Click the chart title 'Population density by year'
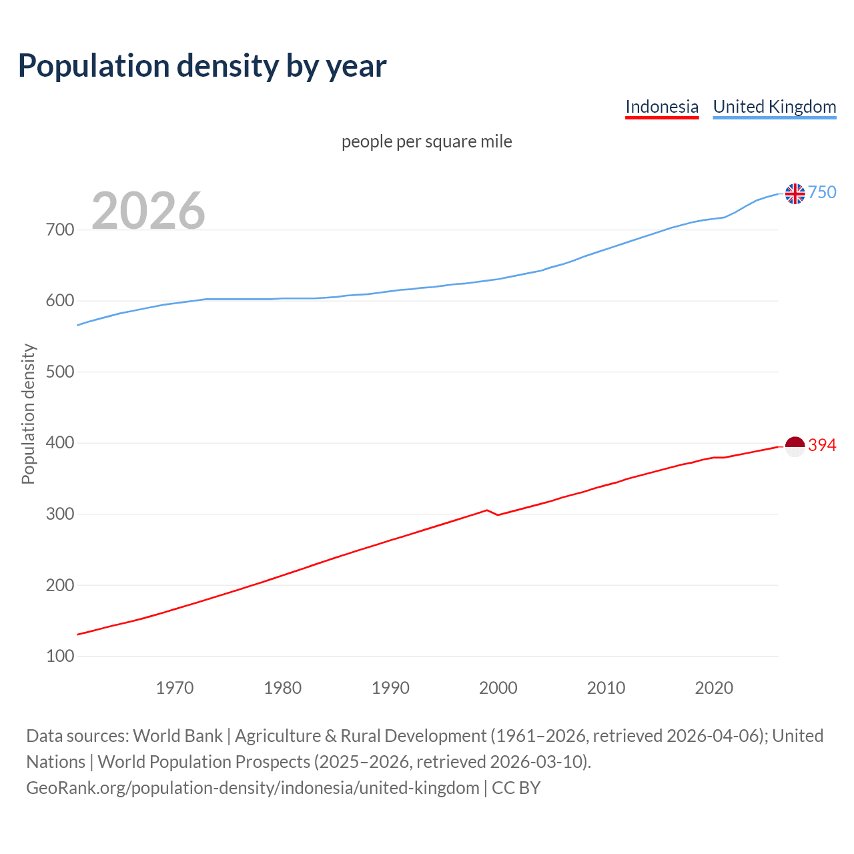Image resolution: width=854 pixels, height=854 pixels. [x=202, y=65]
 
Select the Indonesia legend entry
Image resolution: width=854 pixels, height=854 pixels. [x=661, y=107]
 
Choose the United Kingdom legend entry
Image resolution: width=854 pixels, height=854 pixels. [x=774, y=107]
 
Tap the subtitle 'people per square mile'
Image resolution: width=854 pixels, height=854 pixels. [x=426, y=141]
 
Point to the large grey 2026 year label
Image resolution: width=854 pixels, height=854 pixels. [x=148, y=211]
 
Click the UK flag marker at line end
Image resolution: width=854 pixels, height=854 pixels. [x=795, y=193]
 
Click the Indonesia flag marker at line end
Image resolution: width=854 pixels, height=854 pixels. [x=795, y=446]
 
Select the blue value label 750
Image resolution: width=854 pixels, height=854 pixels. [x=822, y=193]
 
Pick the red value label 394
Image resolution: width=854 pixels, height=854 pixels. [x=822, y=446]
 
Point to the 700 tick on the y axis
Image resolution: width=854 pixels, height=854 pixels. [x=60, y=230]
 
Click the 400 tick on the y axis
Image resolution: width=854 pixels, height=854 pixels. [x=60, y=443]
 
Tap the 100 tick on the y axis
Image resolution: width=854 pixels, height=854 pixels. [x=60, y=657]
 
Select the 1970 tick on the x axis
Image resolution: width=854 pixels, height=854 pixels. [x=175, y=688]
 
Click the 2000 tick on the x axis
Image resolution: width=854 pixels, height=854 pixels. [x=498, y=688]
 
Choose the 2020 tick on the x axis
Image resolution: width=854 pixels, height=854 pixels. [x=714, y=688]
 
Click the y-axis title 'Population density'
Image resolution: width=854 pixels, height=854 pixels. [x=28, y=414]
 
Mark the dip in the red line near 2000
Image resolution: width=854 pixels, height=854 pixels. [x=497, y=514]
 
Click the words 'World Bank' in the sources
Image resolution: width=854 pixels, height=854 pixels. [x=177, y=736]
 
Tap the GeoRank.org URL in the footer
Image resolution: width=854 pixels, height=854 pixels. [x=252, y=788]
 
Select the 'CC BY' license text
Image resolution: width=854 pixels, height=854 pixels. [x=516, y=788]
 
